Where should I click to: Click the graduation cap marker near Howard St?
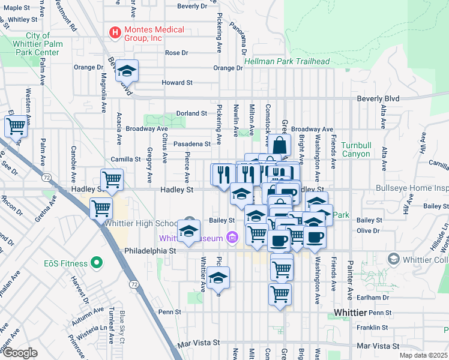127,71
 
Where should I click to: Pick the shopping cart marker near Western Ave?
16,126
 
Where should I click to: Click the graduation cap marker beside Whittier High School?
188,231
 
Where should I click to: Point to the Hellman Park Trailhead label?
287,62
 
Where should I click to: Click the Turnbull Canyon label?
357,150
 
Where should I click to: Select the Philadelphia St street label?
145,251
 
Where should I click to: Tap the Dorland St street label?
191,113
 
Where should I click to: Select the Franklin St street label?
372,328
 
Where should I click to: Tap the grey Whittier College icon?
394,259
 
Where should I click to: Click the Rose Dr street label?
176,53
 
